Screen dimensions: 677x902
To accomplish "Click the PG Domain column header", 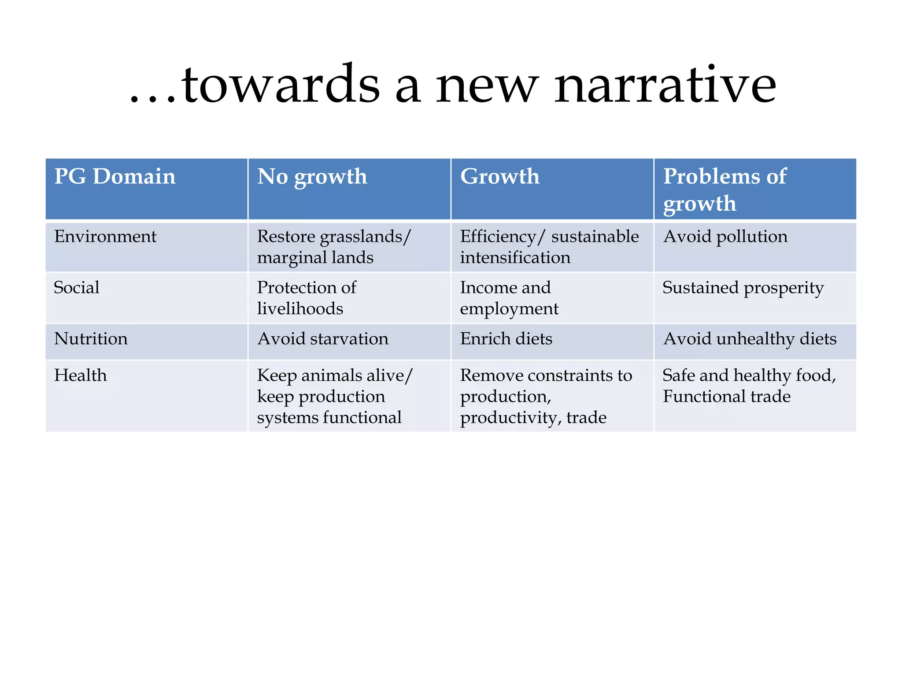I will (115, 176).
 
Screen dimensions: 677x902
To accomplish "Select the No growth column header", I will (312, 176).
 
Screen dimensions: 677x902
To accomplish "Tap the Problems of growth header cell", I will (725, 190).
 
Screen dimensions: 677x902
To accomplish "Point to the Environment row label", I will (105, 237).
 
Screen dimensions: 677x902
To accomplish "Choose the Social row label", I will (77, 288).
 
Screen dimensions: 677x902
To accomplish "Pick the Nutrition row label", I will (91, 339).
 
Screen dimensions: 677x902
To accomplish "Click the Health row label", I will (80, 376).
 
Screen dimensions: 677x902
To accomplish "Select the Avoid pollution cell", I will (725, 237).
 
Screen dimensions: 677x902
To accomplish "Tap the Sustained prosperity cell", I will (743, 288).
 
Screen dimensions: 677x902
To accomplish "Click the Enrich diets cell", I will (506, 339).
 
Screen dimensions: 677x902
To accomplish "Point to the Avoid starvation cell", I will (323, 339).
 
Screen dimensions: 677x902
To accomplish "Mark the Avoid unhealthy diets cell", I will (750, 339).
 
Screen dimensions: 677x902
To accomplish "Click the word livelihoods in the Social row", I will (300, 309).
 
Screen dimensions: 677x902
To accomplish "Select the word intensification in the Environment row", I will (515, 257).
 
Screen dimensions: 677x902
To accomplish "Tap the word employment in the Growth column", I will (509, 309).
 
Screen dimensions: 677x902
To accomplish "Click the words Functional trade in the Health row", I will (726, 396).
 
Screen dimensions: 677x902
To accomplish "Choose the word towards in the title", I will (280, 85).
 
